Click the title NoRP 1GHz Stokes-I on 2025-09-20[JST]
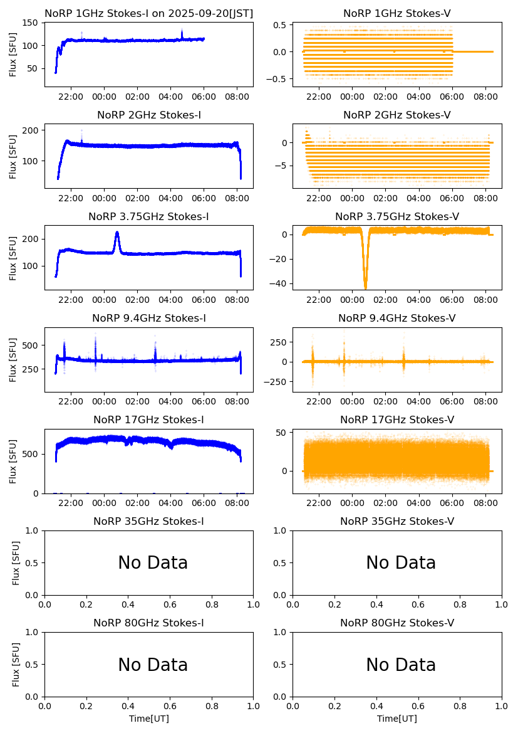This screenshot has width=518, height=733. click(148, 13)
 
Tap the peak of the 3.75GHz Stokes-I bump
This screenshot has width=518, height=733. click(117, 233)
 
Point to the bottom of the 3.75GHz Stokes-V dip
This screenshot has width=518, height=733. click(366, 287)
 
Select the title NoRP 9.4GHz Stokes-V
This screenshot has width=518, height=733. click(397, 319)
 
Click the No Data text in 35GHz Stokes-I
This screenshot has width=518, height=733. click(153, 563)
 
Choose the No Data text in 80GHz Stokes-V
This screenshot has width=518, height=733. click(401, 665)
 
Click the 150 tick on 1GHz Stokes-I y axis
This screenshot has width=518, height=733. click(33, 23)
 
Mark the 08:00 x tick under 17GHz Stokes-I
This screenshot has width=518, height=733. click(237, 503)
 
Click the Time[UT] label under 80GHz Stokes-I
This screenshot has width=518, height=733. click(149, 719)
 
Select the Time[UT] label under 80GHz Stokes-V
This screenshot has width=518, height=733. click(397, 719)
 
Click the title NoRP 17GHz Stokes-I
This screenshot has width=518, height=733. click(148, 420)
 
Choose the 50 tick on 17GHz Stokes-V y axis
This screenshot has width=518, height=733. click(282, 433)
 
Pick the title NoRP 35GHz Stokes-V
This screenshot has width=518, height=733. click(397, 522)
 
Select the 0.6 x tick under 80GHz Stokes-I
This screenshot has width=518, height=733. click(170, 706)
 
